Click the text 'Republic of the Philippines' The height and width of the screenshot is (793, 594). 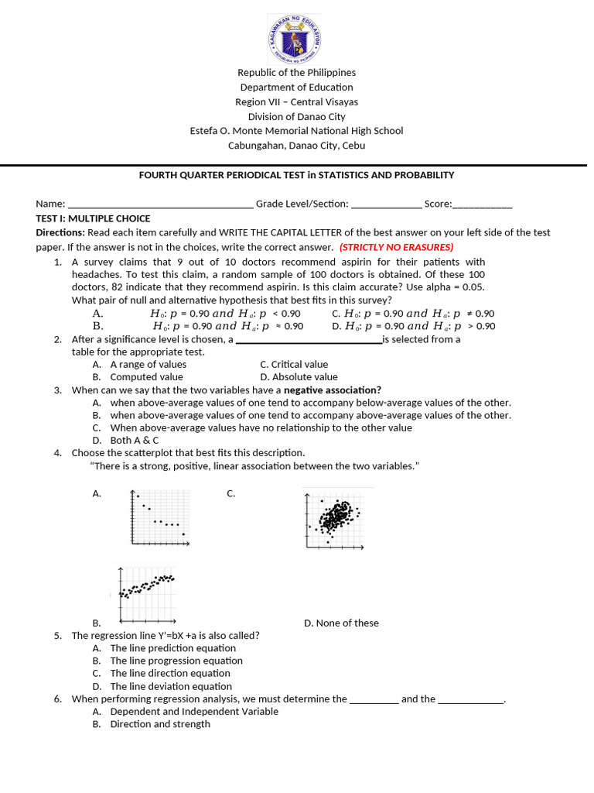click(x=296, y=73)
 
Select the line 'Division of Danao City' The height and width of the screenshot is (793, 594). click(x=296, y=116)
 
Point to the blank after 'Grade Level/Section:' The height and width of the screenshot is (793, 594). click(x=386, y=204)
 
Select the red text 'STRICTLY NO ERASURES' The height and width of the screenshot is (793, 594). click(x=396, y=247)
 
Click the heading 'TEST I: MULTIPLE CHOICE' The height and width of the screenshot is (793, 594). click(x=93, y=218)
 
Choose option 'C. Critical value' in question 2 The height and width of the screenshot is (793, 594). click(x=294, y=365)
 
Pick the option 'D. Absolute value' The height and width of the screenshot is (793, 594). click(x=299, y=377)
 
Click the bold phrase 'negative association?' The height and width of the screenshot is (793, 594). click(x=333, y=390)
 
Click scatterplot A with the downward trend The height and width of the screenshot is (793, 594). click(x=159, y=517)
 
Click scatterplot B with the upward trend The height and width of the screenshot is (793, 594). click(x=146, y=594)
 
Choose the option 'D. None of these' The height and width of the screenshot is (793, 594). click(x=341, y=623)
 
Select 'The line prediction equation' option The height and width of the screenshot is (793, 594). click(x=172, y=648)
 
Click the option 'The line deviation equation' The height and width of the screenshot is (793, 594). click(x=170, y=686)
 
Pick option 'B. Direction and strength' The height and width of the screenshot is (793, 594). click(x=159, y=724)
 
